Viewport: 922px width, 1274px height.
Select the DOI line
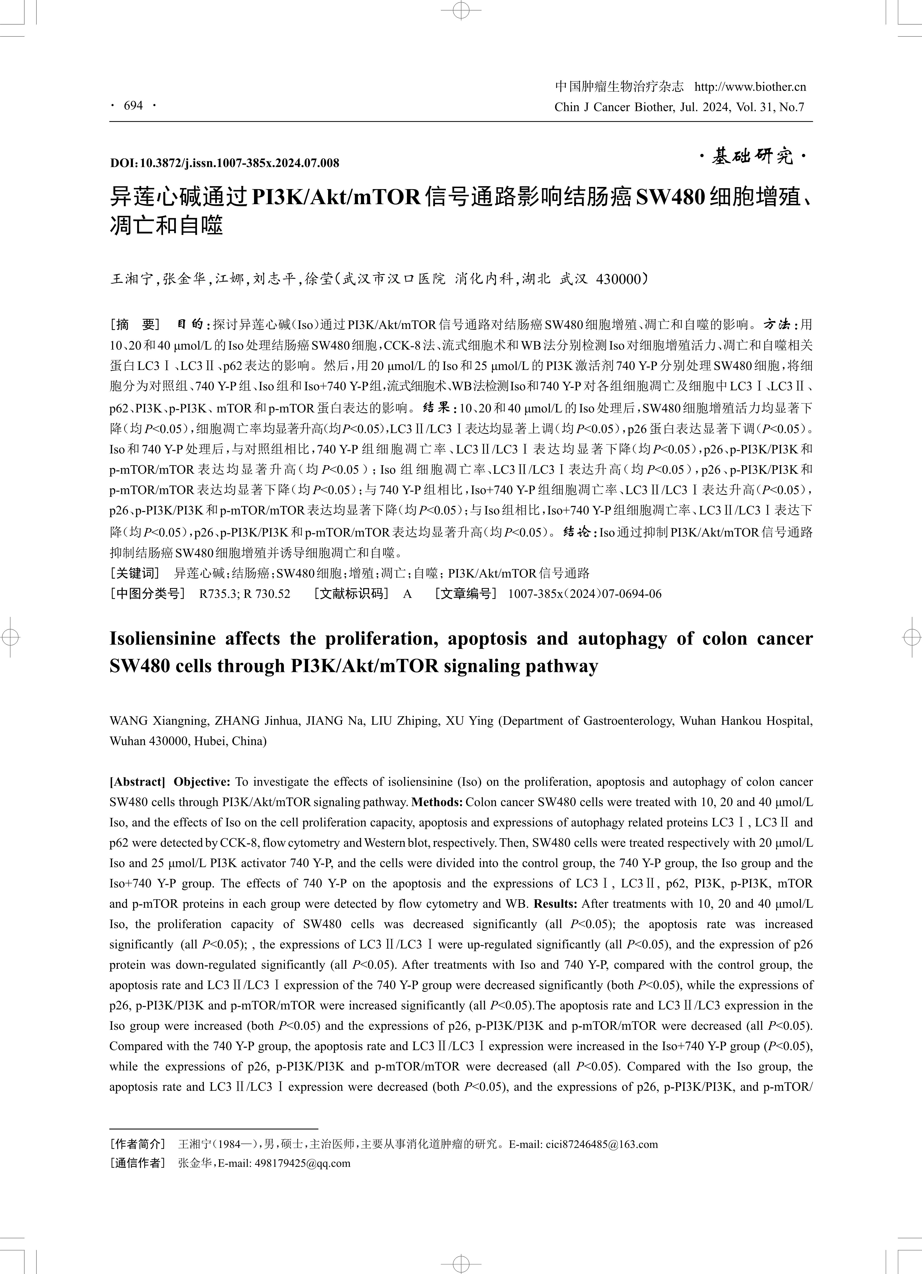coord(225,163)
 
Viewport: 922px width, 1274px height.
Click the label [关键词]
coord(135,573)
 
